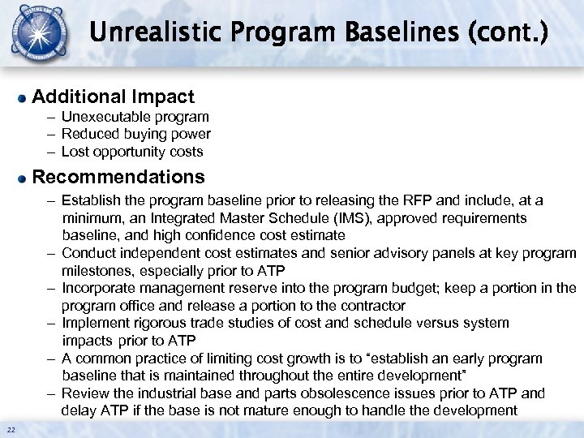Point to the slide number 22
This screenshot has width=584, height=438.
click(x=11, y=429)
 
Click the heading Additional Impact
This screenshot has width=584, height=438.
click(x=114, y=97)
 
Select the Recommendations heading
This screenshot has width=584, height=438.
click(x=118, y=177)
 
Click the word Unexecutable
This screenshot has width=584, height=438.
click(x=103, y=118)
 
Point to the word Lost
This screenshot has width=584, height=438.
click(x=75, y=152)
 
